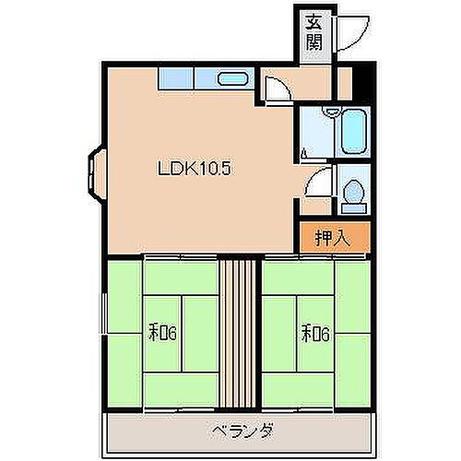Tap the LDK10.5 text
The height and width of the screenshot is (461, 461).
pyautogui.click(x=192, y=168)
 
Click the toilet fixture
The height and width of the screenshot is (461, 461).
pyautogui.click(x=352, y=193)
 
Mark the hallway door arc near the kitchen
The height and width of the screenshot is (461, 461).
pyautogui.click(x=275, y=90)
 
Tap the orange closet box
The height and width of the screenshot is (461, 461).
pyautogui.click(x=333, y=238)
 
